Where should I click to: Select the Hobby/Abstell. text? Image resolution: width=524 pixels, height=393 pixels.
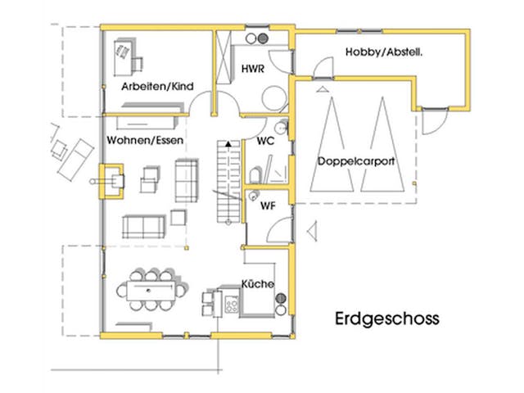coord(377,53)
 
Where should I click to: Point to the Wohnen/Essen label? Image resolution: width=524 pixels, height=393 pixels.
coord(144,141)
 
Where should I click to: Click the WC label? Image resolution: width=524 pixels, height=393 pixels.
coord(265,141)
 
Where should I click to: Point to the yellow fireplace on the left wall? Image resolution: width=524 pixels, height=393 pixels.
coord(111,181)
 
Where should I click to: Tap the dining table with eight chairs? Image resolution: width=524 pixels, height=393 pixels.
coord(150,289)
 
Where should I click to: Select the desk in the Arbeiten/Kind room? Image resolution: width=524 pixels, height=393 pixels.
coord(127,55)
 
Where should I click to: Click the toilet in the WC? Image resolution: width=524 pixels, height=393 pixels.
coord(256,174)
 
